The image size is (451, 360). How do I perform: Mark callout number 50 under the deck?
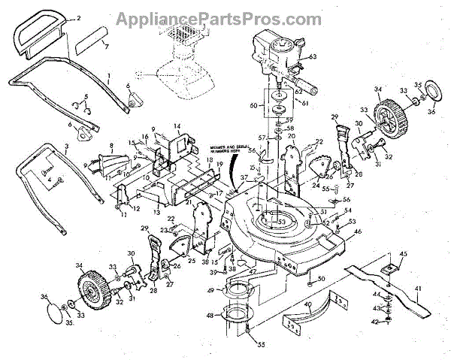[321, 280]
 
